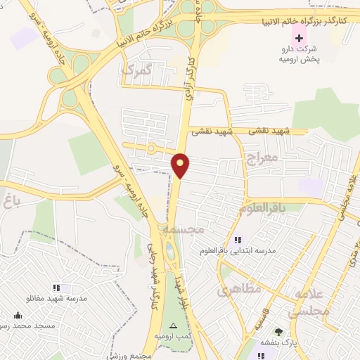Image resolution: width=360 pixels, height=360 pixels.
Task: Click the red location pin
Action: pos(181,165)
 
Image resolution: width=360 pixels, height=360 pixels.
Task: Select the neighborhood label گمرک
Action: pos(136,69)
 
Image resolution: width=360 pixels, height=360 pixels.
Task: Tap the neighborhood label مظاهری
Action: pos(239,288)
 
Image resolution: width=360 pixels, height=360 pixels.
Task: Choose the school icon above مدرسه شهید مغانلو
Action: pos(56,287)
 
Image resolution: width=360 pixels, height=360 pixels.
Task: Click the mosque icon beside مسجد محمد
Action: pos(17,315)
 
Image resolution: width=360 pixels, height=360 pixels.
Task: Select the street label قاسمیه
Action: pos(262,323)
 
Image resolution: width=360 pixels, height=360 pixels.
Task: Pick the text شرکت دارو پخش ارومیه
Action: pos(300,54)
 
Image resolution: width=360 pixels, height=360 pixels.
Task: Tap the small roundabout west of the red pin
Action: pos(150,148)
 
